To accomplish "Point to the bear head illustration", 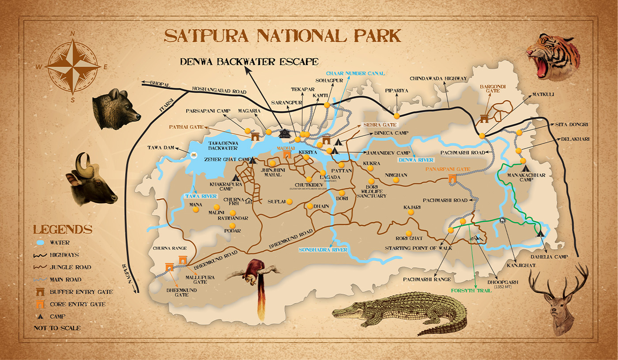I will [116, 109].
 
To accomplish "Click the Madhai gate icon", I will [287, 155].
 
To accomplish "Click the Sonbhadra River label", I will [323, 250].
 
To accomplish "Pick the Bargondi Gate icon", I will [485, 118].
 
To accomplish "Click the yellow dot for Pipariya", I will [396, 116].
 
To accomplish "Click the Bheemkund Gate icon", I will [169, 267].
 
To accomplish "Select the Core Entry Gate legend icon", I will [40, 304].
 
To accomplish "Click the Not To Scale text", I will [57, 328].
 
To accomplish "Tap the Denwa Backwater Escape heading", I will [249, 61].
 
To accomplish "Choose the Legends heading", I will [63, 229].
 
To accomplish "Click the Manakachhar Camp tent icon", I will [525, 168].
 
